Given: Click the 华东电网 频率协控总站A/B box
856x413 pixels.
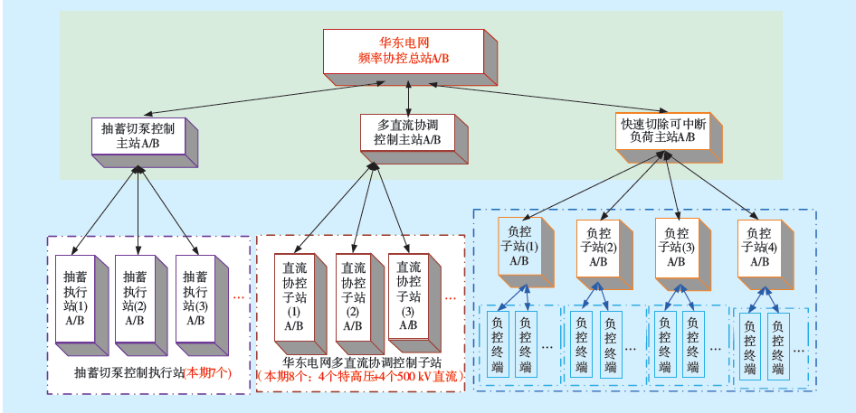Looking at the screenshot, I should click(404, 52).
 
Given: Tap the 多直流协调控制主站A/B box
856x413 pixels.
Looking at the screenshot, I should click(407, 134).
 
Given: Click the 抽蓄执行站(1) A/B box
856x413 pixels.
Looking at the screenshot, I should click(75, 297).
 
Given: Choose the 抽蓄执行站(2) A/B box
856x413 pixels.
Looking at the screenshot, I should click(135, 297).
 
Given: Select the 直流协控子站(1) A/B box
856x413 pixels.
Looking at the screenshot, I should click(294, 293).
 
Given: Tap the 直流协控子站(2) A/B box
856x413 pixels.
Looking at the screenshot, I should click(353, 293).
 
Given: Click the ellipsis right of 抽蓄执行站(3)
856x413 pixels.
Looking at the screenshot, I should click(240, 296).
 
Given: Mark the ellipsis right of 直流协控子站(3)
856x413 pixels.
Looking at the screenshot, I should click(450, 296).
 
